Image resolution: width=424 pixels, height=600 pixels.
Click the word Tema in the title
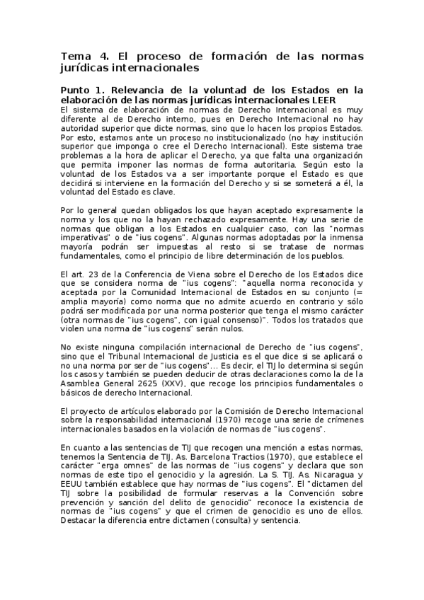pyautogui.click(x=73, y=56)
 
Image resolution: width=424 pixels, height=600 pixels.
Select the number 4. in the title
pyautogui.click(x=106, y=56)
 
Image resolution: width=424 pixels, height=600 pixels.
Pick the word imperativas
pyautogui.click(x=83, y=238)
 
